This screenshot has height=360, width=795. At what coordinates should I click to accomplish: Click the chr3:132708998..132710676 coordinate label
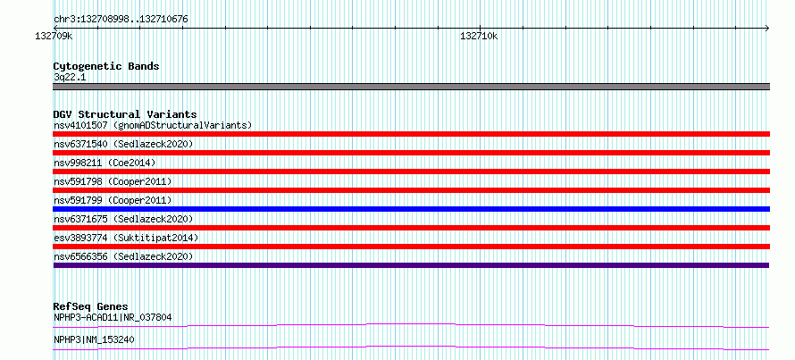point(121,20)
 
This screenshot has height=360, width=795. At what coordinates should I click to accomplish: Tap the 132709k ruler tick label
point(54,36)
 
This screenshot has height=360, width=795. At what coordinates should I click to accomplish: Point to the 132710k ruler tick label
point(479,36)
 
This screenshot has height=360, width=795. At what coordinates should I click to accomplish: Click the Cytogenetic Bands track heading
point(106,66)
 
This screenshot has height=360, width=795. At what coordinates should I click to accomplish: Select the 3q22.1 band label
point(70,77)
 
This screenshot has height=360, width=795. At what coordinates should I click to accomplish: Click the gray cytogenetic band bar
point(411,87)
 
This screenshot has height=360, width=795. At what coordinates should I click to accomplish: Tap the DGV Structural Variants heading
point(125,114)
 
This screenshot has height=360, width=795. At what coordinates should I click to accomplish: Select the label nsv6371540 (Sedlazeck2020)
point(123,144)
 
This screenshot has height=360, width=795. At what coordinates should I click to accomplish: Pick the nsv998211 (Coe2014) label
point(105,163)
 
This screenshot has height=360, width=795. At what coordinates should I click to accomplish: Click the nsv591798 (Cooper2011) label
point(113,181)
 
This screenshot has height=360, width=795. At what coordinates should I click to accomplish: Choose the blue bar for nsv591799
point(411,209)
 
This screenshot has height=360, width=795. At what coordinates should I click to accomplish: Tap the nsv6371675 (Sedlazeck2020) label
point(123,219)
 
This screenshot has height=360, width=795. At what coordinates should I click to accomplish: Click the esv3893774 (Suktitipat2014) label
point(126,238)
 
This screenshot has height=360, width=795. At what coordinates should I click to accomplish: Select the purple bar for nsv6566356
point(411,265)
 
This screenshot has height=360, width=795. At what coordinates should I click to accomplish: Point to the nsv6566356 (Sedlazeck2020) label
point(123,256)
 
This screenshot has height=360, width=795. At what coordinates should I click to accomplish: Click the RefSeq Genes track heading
point(90,306)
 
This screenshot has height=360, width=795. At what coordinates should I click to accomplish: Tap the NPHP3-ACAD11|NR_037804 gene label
point(113,318)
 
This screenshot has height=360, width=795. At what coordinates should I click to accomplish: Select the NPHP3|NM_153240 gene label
point(94,339)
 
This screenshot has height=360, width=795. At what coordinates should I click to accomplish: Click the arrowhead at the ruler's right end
point(767,28)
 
